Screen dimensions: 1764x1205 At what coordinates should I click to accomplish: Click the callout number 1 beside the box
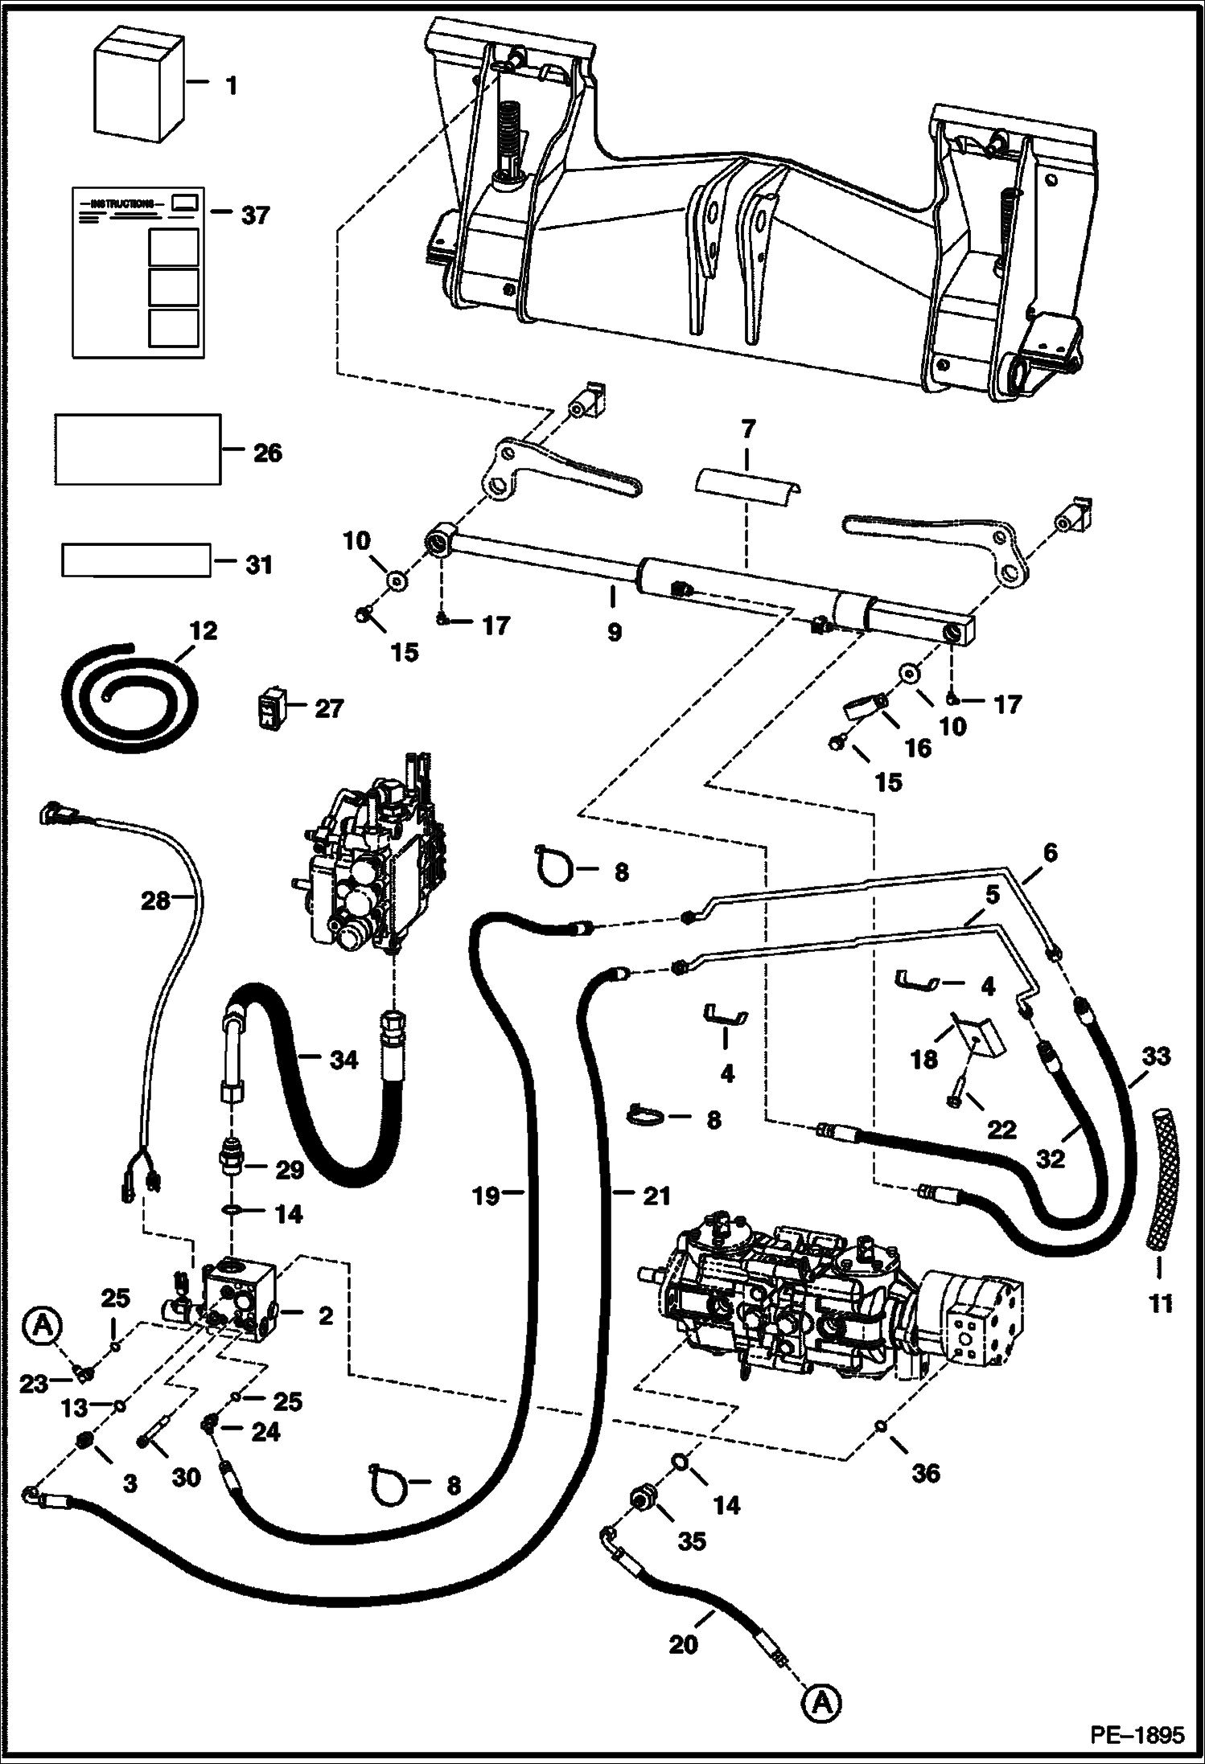coord(232,85)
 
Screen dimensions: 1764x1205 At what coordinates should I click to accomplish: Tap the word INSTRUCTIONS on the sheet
coord(121,203)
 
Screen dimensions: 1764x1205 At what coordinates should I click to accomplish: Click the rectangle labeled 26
coord(138,449)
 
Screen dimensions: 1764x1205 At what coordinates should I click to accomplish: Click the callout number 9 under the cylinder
coord(614,632)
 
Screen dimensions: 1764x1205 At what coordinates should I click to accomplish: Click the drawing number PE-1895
coord(1137,1735)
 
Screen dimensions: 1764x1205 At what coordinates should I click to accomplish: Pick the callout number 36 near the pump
coord(925,1473)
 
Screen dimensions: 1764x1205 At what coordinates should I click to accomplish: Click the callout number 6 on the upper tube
coord(1051,852)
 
